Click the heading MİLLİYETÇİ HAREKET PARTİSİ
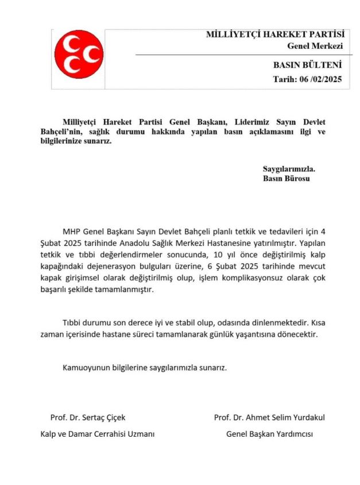click(275, 34)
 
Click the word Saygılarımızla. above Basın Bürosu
click(289, 170)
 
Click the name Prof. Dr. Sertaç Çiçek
click(88, 417)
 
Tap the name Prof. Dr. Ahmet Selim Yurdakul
click(273, 417)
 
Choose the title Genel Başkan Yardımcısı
click(270, 434)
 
